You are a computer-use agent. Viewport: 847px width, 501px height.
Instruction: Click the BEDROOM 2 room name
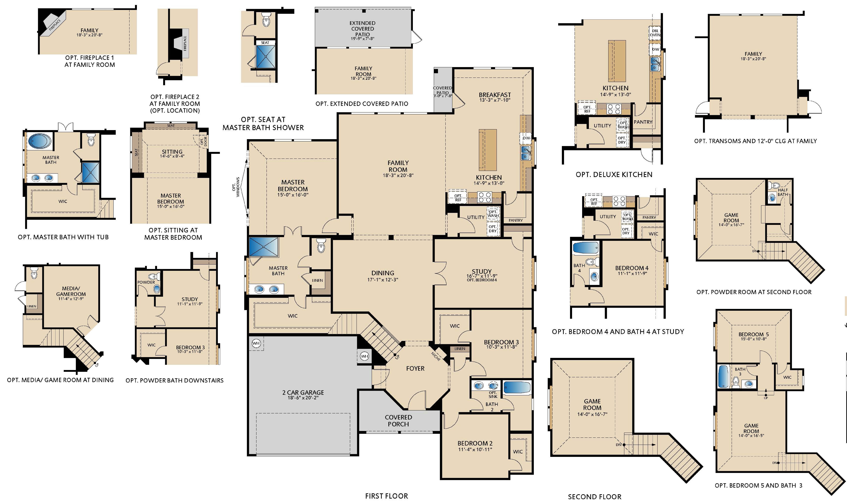tap(475, 443)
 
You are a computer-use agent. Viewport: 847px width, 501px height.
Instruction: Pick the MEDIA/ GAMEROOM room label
tap(71, 291)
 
